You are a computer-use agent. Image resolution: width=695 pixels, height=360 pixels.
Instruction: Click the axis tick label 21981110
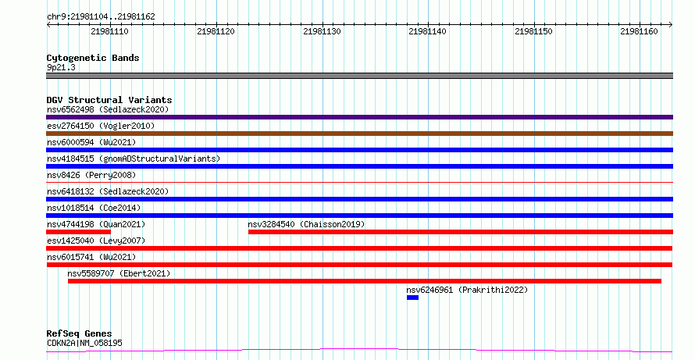tap(109, 31)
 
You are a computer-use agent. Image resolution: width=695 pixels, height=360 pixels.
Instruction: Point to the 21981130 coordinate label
tap(322, 31)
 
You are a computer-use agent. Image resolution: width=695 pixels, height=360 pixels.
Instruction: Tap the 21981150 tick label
tap(533, 31)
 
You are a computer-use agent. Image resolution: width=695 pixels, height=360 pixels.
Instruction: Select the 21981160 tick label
tap(639, 31)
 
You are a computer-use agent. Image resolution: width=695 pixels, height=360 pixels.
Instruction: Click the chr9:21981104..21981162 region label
tap(101, 17)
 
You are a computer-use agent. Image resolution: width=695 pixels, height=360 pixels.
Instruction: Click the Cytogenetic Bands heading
tap(93, 58)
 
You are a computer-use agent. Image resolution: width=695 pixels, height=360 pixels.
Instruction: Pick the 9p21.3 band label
tap(61, 67)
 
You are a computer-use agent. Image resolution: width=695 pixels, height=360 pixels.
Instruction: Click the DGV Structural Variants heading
tap(109, 100)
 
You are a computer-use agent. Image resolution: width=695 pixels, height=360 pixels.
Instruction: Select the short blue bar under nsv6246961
tap(412, 298)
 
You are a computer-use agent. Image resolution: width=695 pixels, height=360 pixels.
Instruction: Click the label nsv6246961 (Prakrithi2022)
tap(467, 290)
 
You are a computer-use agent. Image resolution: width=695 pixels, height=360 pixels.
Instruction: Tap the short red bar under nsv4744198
tap(78, 232)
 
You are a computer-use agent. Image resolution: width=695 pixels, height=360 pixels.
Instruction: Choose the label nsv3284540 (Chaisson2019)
tap(306, 224)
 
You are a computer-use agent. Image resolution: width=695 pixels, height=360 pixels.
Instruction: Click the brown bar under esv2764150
tap(359, 134)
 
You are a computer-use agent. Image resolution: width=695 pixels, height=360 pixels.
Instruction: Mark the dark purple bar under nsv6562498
tap(359, 117)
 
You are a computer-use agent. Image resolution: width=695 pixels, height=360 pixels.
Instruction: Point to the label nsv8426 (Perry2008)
tap(91, 175)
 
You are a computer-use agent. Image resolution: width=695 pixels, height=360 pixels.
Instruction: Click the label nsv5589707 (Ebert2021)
tap(119, 273)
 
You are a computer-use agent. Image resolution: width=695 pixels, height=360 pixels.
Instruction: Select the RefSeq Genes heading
tap(79, 333)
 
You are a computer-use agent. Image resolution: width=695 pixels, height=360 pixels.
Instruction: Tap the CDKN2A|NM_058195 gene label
tap(84, 343)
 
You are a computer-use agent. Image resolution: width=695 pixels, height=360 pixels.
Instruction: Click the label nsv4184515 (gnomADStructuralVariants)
tap(134, 159)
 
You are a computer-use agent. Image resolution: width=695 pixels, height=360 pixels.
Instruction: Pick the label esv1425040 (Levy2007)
tap(96, 241)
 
